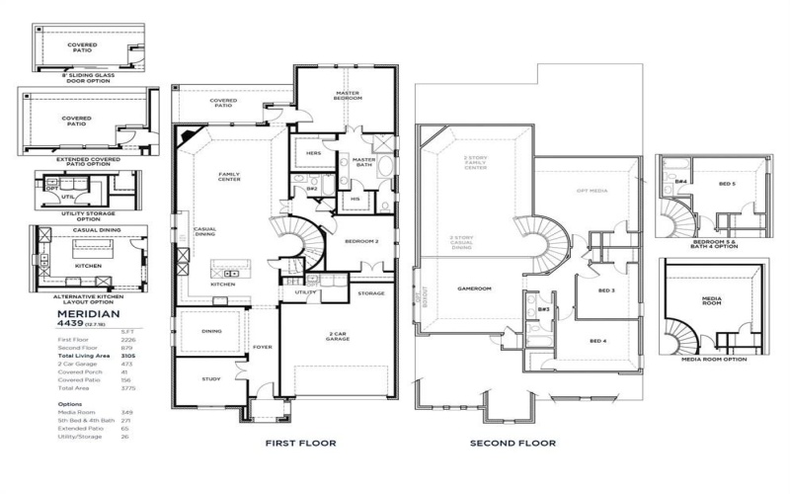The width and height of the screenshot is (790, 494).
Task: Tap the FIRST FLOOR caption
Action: tap(300, 444)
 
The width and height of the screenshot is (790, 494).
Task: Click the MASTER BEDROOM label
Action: tap(348, 97)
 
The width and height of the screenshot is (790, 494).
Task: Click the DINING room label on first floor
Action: tap(211, 331)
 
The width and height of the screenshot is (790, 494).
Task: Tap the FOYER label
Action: tap(262, 347)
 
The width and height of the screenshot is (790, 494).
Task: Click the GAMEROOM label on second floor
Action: tap(474, 289)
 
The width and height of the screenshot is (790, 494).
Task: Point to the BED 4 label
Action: tap(598, 341)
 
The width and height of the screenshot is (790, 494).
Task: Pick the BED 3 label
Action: tap(606, 290)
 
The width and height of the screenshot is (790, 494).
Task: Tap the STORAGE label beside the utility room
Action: tap(370, 293)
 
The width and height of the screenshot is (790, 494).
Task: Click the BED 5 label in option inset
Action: tap(726, 184)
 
